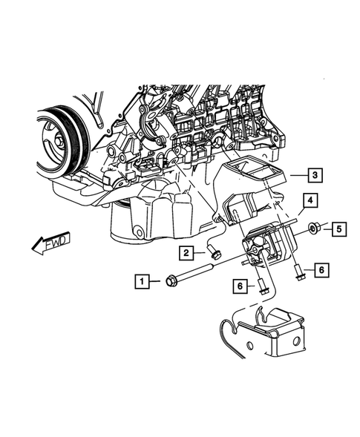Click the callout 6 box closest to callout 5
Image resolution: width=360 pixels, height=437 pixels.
click(x=321, y=270)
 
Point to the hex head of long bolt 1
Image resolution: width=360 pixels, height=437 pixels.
click(x=168, y=280)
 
